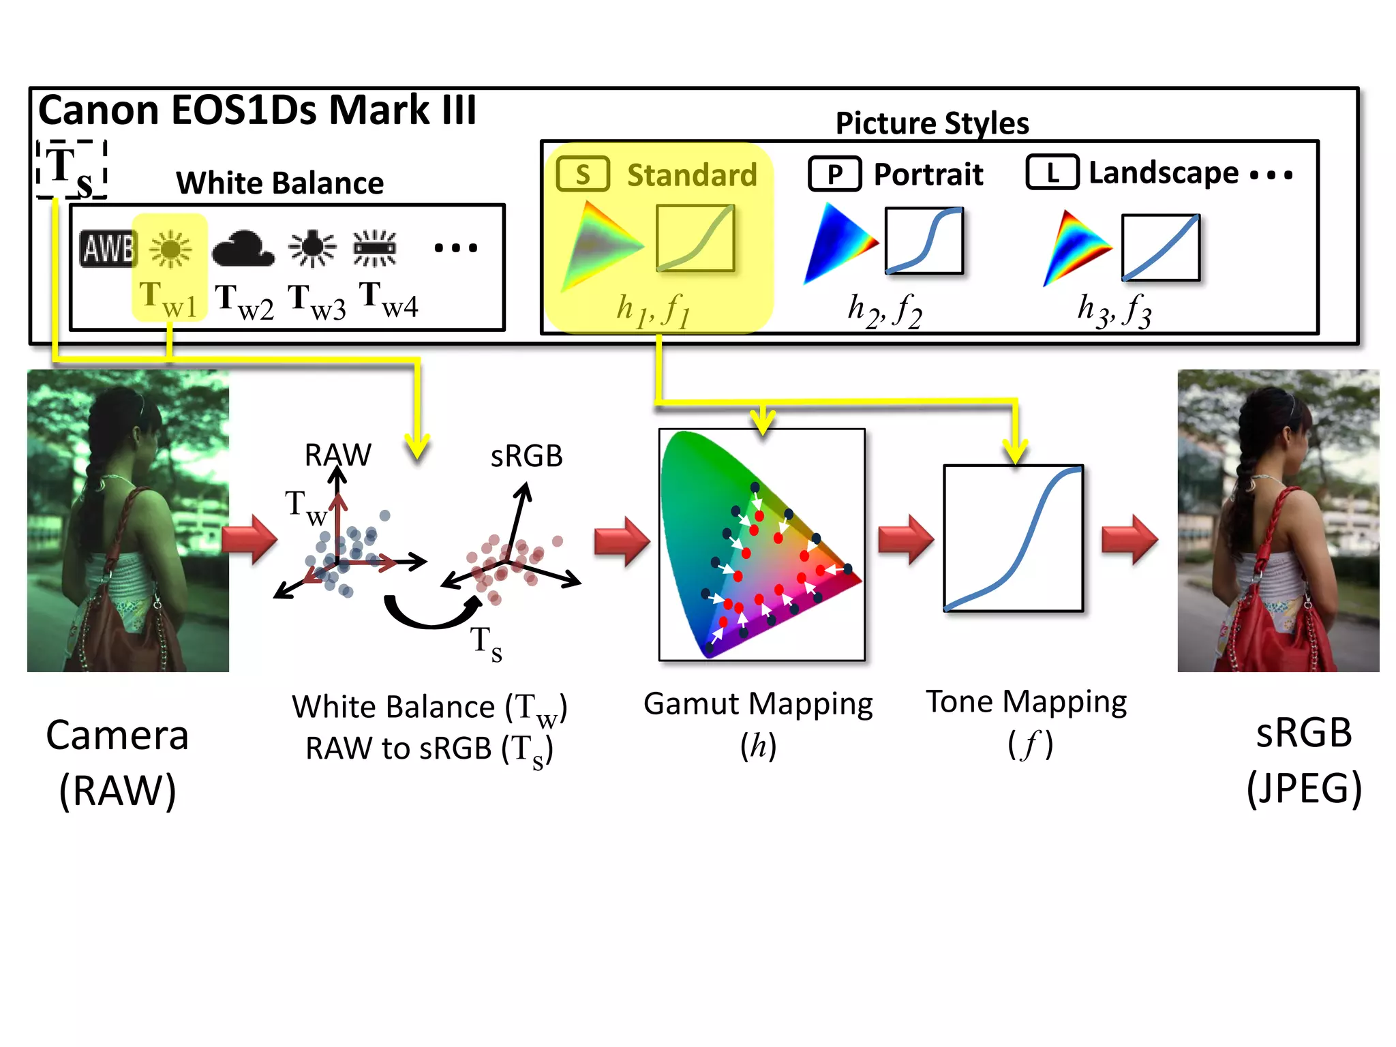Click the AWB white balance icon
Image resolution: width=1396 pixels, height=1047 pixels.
[108, 248]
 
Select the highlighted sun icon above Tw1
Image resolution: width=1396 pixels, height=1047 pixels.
[170, 248]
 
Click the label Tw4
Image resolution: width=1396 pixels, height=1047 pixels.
[388, 300]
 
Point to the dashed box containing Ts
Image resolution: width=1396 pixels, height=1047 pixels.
[72, 169]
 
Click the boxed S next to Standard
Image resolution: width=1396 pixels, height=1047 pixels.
[583, 174]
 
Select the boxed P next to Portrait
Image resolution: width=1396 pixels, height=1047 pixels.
[834, 174]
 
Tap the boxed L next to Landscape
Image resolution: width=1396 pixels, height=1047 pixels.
[1052, 172]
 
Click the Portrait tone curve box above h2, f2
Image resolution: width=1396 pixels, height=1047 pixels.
[924, 241]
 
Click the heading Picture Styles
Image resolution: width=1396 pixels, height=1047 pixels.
[932, 123]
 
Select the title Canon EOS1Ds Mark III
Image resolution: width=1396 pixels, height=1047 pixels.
[257, 110]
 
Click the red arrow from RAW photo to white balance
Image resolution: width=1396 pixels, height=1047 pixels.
[250, 539]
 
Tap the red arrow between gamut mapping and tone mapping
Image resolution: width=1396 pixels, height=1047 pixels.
[905, 539]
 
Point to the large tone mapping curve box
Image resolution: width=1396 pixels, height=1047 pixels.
[1013, 538]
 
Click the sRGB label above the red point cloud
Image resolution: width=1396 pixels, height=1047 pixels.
[526, 456]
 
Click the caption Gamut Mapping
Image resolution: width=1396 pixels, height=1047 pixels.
[758, 703]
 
